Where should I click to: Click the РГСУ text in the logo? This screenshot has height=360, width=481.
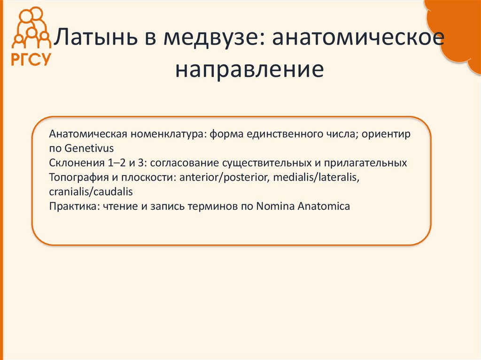click(31, 60)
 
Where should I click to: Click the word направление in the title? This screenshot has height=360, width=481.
click(249, 69)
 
